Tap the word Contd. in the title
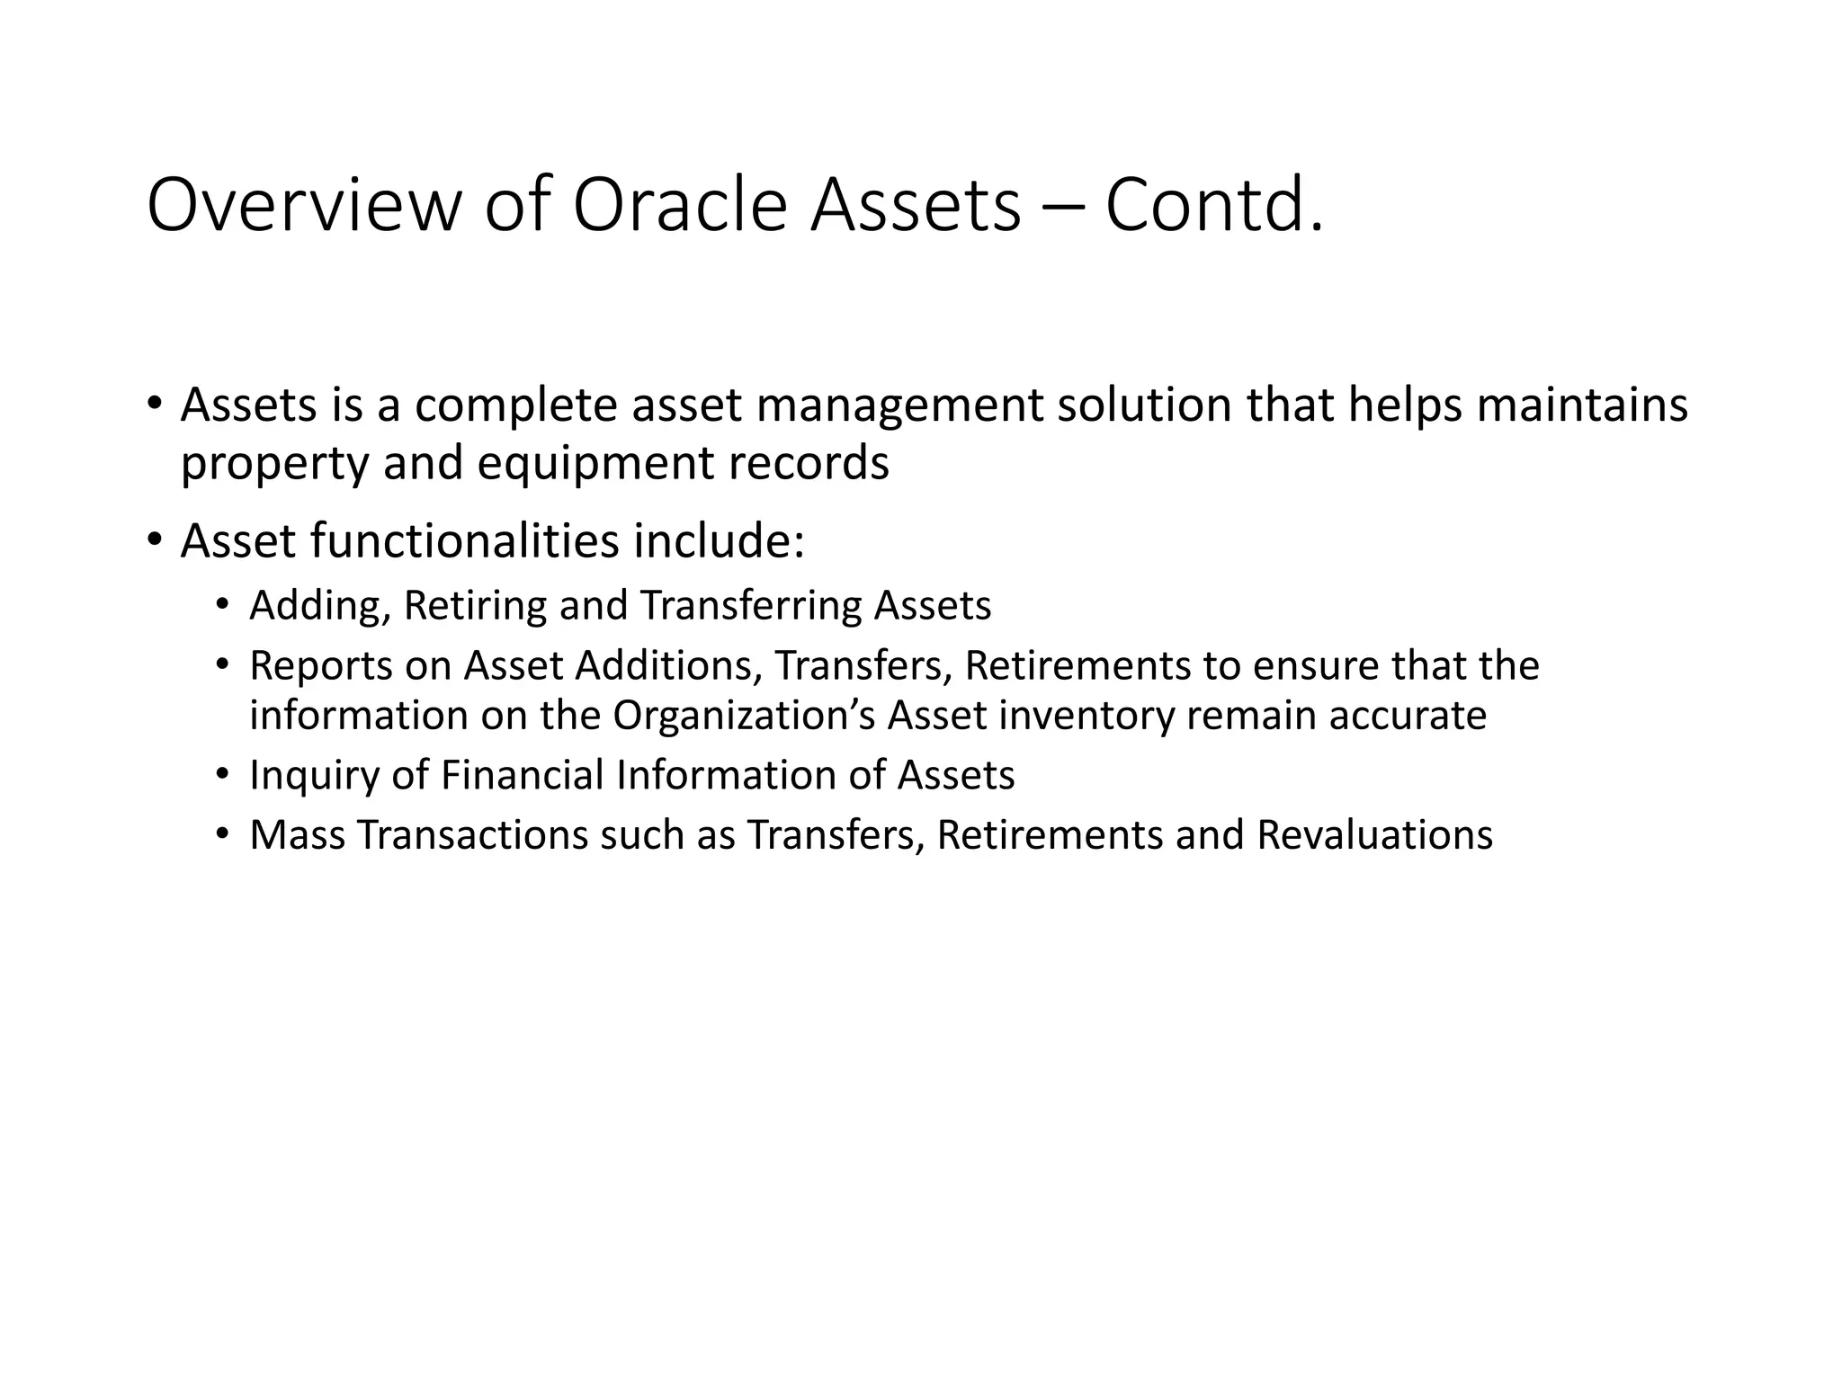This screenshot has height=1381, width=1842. click(1214, 206)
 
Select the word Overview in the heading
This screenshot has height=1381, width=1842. click(303, 206)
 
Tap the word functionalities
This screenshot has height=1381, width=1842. click(464, 541)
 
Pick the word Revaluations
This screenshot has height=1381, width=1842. click(1374, 835)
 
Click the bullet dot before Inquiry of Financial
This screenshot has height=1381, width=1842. click(222, 774)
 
